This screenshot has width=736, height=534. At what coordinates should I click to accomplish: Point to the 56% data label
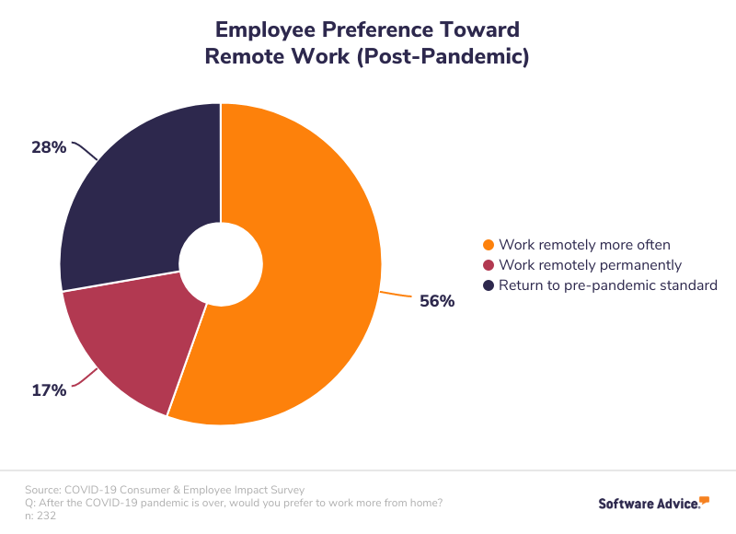(x=437, y=300)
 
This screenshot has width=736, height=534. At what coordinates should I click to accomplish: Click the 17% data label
(x=49, y=390)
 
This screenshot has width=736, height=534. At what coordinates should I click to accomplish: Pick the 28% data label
(x=49, y=146)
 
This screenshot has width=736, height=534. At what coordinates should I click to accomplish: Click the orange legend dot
(x=489, y=245)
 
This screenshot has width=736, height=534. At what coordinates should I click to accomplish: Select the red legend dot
(x=489, y=265)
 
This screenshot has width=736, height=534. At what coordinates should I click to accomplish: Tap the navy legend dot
(x=489, y=285)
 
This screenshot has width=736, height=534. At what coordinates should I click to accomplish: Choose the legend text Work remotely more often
(x=584, y=245)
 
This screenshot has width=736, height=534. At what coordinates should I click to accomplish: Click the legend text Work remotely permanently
(x=590, y=265)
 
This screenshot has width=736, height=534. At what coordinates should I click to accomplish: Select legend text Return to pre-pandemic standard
(x=607, y=285)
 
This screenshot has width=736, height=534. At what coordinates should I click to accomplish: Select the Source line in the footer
(x=165, y=490)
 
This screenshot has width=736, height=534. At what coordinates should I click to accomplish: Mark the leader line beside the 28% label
(x=85, y=149)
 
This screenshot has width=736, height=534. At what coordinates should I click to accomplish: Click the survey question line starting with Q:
(x=234, y=503)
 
